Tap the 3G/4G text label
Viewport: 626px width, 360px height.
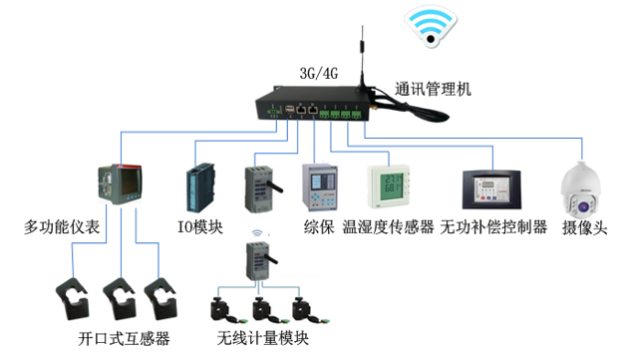tap(318, 74)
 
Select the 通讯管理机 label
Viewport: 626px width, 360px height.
tap(433, 89)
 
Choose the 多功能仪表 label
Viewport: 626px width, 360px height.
tap(63, 228)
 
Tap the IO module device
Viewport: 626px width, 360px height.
tap(199, 188)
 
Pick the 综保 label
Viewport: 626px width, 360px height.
tap(317, 227)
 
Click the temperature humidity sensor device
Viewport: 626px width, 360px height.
tap(387, 188)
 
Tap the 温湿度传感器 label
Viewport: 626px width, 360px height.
tap(388, 227)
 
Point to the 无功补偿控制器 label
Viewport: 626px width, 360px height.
tap(494, 227)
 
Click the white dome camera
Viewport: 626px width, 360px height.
tap(580, 189)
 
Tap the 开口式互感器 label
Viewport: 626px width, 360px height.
tap(124, 338)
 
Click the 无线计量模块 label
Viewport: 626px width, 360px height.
tap(262, 338)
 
